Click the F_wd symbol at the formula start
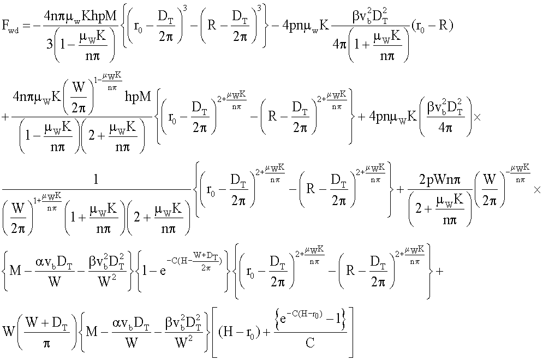click(10, 26)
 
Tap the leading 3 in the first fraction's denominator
click(50, 44)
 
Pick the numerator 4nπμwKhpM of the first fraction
click(80, 16)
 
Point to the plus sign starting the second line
click(5, 117)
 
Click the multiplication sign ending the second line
click(477, 117)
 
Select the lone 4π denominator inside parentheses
click(445, 128)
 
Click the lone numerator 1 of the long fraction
click(96, 179)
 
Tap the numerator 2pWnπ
click(440, 180)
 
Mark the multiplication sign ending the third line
click(537, 190)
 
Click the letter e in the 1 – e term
click(163, 271)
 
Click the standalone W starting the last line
click(8, 331)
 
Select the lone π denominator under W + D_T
click(47, 344)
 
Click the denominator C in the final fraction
click(310, 343)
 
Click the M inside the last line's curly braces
click(92, 332)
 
